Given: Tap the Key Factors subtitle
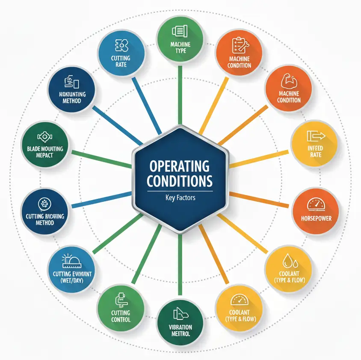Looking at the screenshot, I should click(x=179, y=198).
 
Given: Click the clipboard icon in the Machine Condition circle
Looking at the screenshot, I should click(x=238, y=45).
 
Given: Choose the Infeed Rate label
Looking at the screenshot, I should click(x=316, y=151).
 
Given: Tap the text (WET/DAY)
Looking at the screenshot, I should click(x=72, y=281).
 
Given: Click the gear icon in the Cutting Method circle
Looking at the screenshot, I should click(x=44, y=204).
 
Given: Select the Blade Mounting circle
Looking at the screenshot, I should click(x=45, y=145).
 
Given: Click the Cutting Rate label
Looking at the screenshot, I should click(x=121, y=61).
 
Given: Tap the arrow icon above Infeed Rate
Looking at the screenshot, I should click(x=316, y=137).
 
